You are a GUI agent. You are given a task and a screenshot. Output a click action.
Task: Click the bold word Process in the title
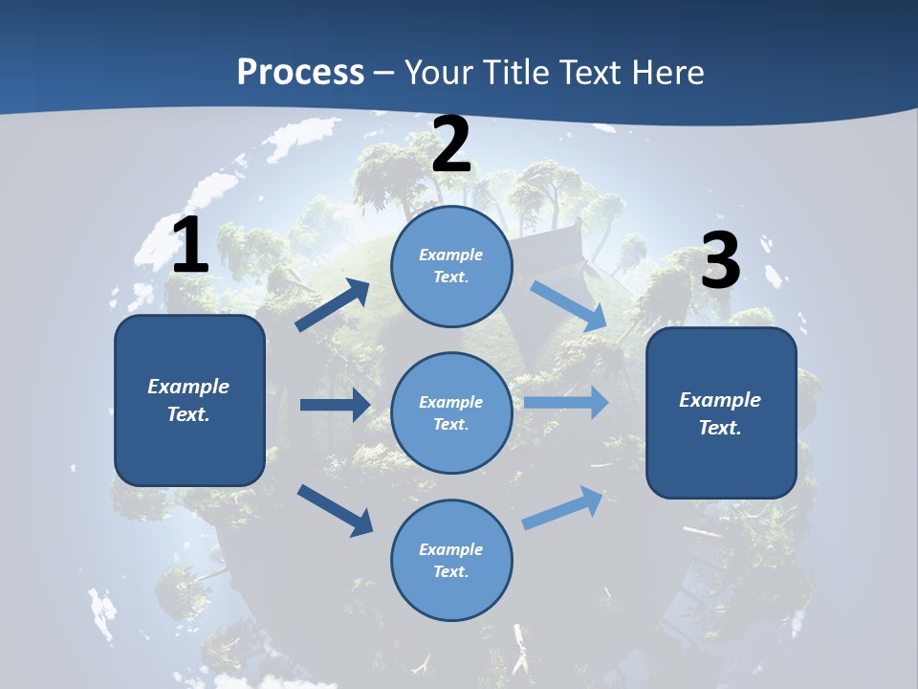click(x=300, y=73)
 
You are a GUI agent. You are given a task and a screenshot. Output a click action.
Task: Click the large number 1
click(x=190, y=246)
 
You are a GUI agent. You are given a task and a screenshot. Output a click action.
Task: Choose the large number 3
click(x=720, y=261)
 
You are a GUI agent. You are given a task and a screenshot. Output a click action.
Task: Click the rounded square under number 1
click(x=189, y=400)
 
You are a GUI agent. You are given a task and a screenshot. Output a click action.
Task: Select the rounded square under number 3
click(x=721, y=412)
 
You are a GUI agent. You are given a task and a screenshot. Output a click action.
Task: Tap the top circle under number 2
click(x=451, y=266)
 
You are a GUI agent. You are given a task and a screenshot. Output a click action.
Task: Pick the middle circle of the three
click(x=451, y=412)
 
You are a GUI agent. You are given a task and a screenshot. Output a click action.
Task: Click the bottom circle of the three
click(x=451, y=560)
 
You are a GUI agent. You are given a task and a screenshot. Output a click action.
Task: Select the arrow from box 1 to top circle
click(x=333, y=305)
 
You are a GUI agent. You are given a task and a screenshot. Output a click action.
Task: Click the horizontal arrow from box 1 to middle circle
click(x=335, y=405)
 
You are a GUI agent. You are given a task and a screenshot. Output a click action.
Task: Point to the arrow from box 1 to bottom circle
click(x=335, y=510)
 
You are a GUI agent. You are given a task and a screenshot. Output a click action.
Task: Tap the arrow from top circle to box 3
click(x=569, y=305)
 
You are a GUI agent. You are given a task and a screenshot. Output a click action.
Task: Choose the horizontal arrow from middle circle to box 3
click(x=565, y=402)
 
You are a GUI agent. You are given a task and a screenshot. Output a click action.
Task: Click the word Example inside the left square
click(x=188, y=387)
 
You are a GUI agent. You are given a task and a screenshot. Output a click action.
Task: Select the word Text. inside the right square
click(x=720, y=428)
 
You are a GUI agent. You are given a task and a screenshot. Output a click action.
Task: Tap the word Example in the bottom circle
click(x=451, y=549)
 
